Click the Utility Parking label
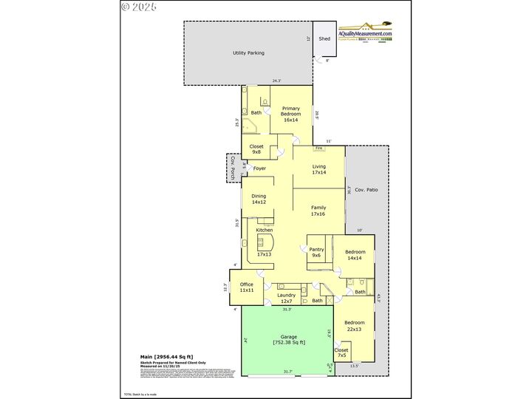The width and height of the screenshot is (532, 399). pyautogui.click(x=248, y=53)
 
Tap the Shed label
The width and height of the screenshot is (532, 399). pyautogui.click(x=324, y=38)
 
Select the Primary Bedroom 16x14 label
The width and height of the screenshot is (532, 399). pyautogui.click(x=290, y=114)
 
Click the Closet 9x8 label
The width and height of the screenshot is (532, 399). pyautogui.click(x=256, y=149)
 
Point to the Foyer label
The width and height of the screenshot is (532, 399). pyautogui.click(x=259, y=168)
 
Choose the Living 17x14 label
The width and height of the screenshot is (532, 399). pyautogui.click(x=318, y=169)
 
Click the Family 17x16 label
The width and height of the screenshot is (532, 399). pyautogui.click(x=318, y=211)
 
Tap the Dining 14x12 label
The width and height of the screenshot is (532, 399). pyautogui.click(x=259, y=199)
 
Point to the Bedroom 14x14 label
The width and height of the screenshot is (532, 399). pyautogui.click(x=355, y=255)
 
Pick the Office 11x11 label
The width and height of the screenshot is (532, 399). pyautogui.click(x=247, y=287)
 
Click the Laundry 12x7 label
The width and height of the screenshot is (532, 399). pyautogui.click(x=286, y=299)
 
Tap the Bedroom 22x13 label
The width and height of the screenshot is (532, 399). pyautogui.click(x=354, y=325)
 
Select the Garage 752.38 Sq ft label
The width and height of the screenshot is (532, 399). pyautogui.click(x=289, y=339)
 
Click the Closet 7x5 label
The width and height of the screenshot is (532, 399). pyautogui.click(x=341, y=352)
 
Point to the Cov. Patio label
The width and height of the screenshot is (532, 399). pyautogui.click(x=366, y=191)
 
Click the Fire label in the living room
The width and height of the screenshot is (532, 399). pyautogui.click(x=318, y=148)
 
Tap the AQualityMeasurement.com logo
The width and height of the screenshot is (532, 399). pyautogui.click(x=365, y=34)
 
